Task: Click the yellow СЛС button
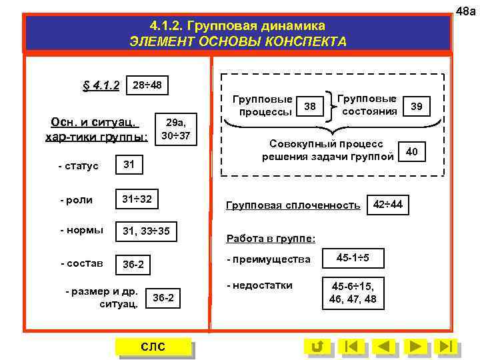(153, 347)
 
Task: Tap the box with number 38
(309, 106)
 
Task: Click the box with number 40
(412, 153)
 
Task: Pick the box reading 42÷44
(387, 204)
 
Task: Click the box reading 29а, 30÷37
(176, 129)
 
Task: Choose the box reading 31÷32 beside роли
(137, 199)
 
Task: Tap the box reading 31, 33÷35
(146, 231)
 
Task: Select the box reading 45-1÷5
(353, 257)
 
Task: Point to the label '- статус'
(79, 165)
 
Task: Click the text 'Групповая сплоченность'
(293, 205)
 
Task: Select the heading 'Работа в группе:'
(271, 238)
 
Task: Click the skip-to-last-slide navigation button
(447, 347)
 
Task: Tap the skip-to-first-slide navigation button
(351, 347)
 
